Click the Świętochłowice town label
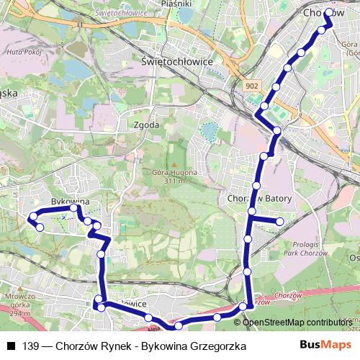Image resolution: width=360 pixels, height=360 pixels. click(177, 62)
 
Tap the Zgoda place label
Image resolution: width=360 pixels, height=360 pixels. click(147, 125)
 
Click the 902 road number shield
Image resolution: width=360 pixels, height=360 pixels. click(251, 86)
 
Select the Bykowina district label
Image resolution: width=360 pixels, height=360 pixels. click(70, 202)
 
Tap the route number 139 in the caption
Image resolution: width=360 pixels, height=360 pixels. click(31, 346)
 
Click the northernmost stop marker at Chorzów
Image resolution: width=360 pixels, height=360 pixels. click(329, 12)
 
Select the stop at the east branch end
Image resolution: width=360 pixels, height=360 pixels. click(281, 221)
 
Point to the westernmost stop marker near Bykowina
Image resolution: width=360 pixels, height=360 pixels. click(32, 216)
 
